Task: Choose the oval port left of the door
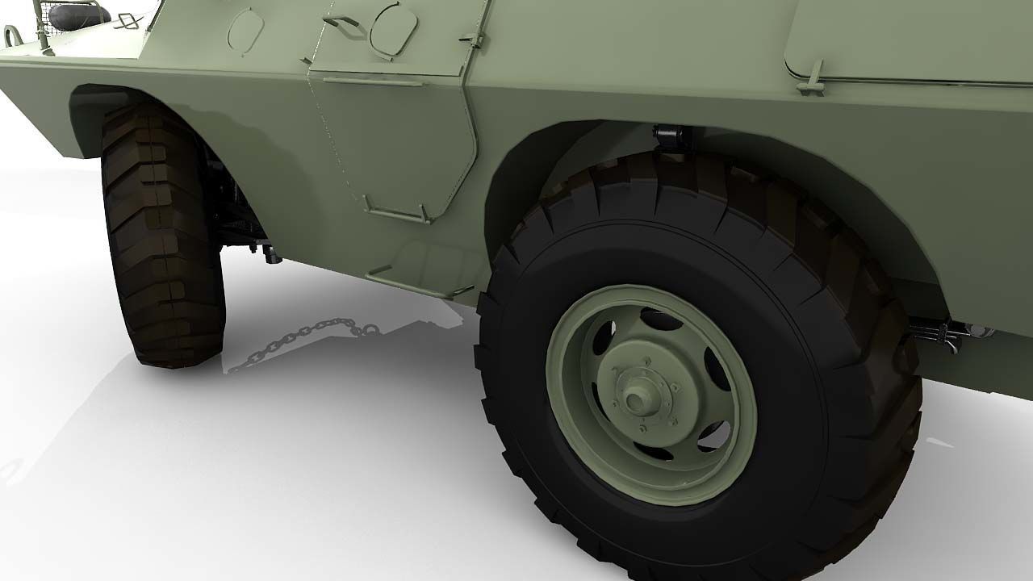point(245,31)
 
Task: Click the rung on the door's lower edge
point(396,212)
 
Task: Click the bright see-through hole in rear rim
point(713,437)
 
